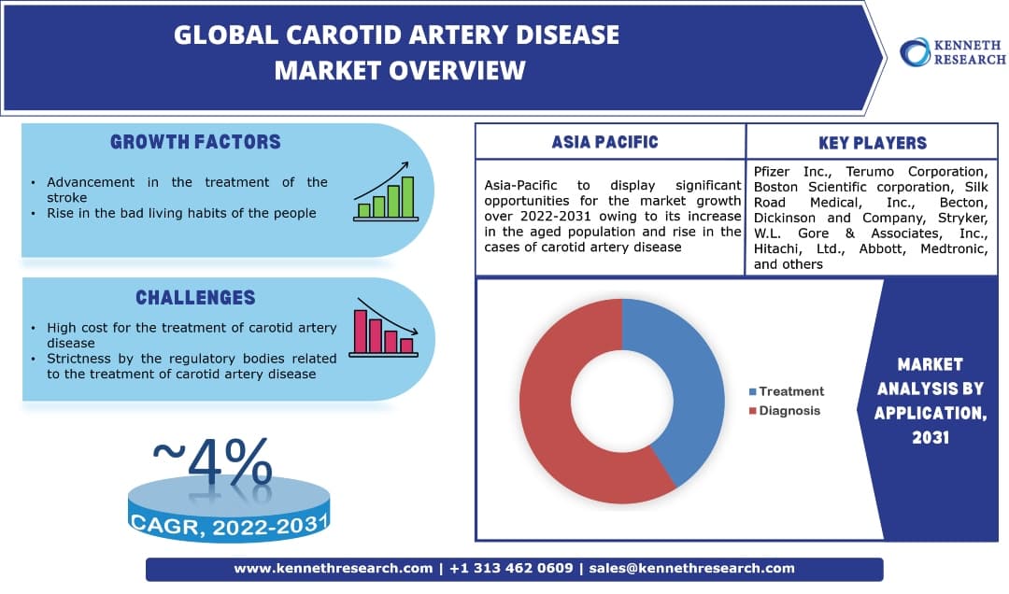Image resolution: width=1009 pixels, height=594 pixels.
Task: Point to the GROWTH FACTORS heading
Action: (195, 142)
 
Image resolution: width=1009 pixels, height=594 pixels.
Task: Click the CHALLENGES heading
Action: (195, 297)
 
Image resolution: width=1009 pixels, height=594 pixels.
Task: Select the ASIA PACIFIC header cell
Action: (604, 142)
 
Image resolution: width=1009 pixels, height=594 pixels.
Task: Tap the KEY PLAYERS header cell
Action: (872, 143)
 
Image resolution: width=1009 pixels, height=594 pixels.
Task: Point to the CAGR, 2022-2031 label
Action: (229, 526)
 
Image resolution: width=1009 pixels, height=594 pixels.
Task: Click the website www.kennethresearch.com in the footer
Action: (334, 568)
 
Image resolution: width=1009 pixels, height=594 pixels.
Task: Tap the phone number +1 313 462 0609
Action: (511, 568)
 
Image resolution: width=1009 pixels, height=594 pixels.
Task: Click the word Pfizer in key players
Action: (772, 172)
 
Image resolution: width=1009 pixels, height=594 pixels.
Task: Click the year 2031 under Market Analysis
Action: (931, 436)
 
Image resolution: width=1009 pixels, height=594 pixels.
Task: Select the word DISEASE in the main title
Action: (561, 35)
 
